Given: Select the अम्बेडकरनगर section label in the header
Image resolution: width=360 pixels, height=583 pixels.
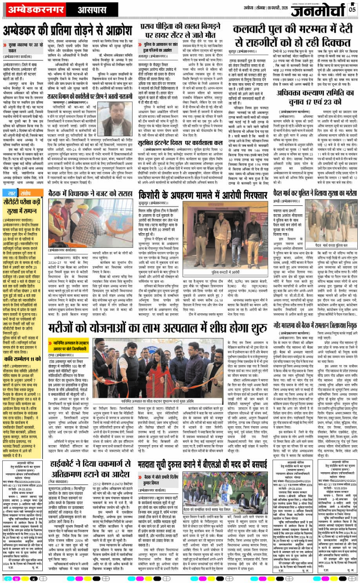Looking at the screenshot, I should click(29, 9).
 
